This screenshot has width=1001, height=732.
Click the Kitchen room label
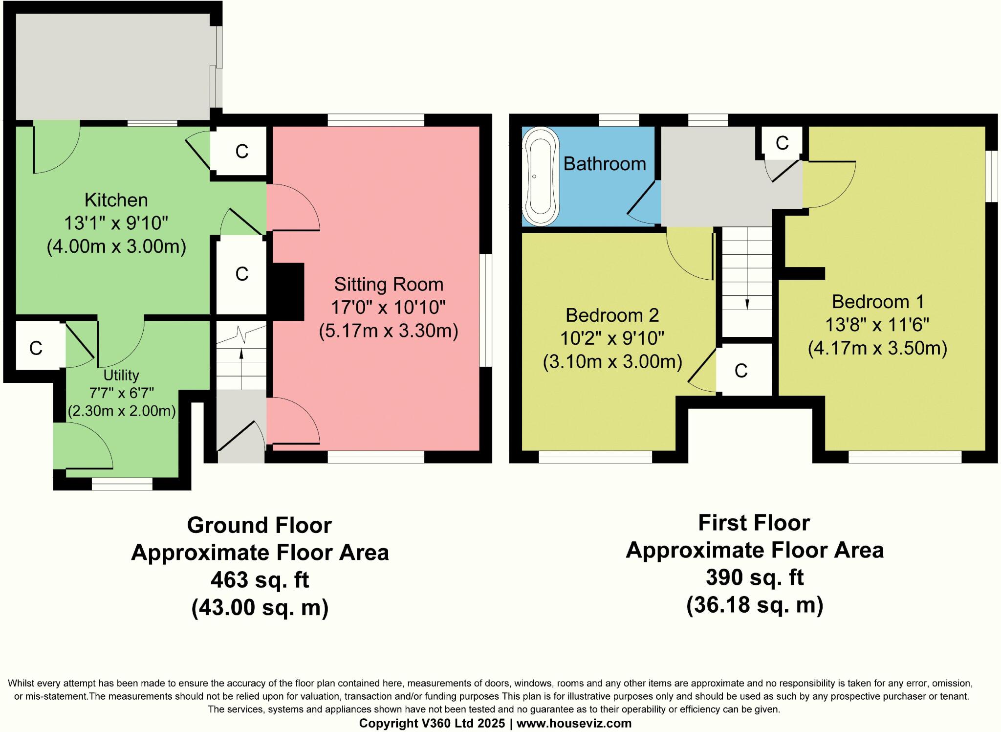point(116,200)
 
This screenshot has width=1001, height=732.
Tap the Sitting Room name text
point(389,284)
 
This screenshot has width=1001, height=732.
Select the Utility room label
point(121,376)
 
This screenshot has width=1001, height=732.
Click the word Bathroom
point(605,163)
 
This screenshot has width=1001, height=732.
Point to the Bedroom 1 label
point(878,302)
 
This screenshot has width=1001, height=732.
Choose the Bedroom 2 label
point(612,315)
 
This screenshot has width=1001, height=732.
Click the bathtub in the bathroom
point(541,177)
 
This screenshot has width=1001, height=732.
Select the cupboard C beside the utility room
point(36,348)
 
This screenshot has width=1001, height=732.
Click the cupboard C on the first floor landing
point(782,143)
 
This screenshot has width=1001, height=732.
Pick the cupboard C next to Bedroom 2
point(741,371)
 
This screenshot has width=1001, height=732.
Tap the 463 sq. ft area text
point(260,580)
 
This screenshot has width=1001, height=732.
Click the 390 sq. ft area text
point(755,577)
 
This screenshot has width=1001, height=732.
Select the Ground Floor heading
point(260,525)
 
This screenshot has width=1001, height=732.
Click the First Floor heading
point(754,523)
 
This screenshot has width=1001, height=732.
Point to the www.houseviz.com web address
point(574,723)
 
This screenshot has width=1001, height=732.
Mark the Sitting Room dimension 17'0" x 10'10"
point(389,308)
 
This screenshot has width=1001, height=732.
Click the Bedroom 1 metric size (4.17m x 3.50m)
point(878,348)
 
